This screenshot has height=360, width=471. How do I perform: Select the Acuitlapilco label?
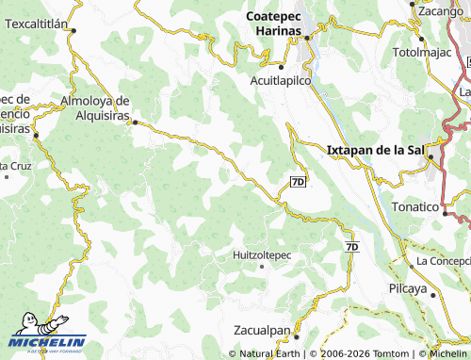(280, 81)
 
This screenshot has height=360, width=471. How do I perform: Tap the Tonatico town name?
(415, 206)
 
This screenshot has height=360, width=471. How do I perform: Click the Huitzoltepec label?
(262, 254)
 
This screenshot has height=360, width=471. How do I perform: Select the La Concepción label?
(443, 260)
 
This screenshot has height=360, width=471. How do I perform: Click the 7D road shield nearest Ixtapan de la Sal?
(298, 181)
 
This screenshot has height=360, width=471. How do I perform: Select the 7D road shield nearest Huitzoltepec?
(352, 247)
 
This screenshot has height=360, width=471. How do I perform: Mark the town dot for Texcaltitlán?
(73, 29)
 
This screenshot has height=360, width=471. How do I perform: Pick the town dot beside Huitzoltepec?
(261, 267)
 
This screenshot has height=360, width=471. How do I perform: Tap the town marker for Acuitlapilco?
(280, 67)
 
